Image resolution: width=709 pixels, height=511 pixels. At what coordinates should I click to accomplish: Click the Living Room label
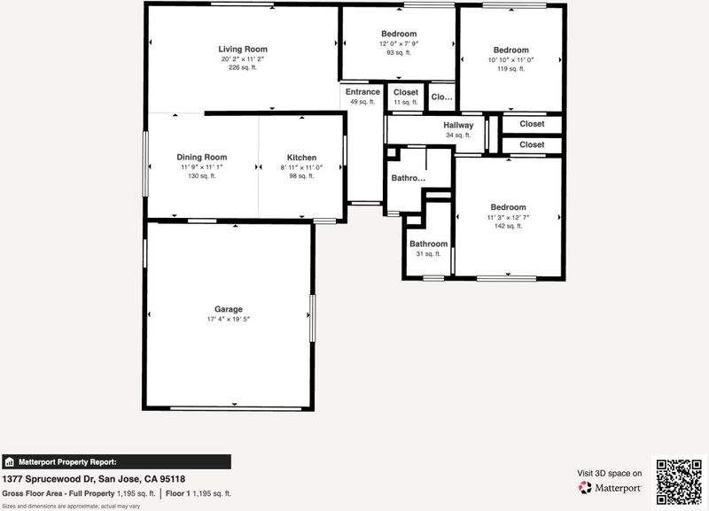(x=243, y=50)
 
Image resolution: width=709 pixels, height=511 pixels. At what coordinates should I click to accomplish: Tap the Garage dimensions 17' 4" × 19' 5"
(x=229, y=319)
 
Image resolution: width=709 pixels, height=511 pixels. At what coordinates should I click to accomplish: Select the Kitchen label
(x=301, y=158)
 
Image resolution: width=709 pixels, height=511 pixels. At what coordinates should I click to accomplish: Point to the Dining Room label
(x=202, y=158)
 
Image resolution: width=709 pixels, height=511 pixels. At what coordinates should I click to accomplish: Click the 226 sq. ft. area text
(x=243, y=68)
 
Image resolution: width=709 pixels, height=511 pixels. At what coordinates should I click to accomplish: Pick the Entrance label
(x=362, y=92)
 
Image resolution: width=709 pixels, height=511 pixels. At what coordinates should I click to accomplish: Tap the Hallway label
(x=458, y=125)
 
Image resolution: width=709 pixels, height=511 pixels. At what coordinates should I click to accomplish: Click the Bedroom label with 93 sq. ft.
(x=399, y=34)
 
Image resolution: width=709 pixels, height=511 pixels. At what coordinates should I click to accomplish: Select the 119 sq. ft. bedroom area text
(x=511, y=69)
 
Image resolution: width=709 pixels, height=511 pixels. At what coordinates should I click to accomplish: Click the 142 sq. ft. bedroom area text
(x=508, y=226)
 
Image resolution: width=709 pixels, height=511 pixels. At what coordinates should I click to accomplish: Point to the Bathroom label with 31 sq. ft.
(x=429, y=244)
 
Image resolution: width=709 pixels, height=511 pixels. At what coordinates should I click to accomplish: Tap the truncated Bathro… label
(x=409, y=178)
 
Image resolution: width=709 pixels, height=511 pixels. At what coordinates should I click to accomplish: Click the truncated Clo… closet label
(x=441, y=97)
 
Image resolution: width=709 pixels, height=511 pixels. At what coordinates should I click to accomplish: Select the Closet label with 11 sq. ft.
(x=406, y=92)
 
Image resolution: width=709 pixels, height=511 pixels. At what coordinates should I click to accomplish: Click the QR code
(x=679, y=482)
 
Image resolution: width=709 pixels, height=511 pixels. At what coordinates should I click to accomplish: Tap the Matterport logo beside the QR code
(x=610, y=487)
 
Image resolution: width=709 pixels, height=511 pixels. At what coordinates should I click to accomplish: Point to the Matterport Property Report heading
(x=67, y=462)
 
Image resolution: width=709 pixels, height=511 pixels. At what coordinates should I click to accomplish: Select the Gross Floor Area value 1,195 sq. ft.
(x=136, y=494)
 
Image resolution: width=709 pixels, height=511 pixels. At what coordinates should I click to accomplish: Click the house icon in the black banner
(x=9, y=462)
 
